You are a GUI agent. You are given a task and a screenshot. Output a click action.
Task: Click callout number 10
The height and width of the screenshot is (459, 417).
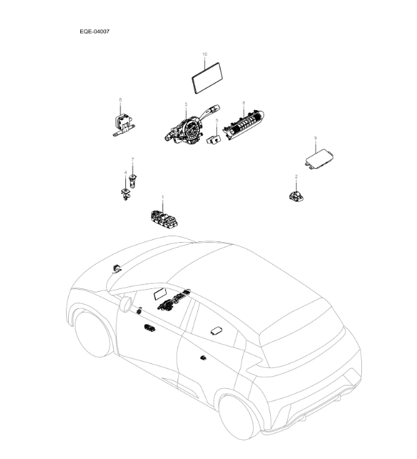204,54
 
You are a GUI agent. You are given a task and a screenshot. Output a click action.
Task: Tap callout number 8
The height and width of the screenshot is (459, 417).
120,101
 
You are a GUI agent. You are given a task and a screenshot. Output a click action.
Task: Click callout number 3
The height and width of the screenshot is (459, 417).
185,105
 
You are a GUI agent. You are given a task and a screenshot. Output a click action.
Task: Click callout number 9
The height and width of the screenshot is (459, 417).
315,138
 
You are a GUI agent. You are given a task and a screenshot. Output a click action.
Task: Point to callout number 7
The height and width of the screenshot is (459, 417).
133,159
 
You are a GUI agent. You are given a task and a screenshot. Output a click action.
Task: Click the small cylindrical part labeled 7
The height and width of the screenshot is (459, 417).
132,180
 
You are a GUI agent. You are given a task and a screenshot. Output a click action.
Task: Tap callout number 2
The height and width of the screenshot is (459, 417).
296,177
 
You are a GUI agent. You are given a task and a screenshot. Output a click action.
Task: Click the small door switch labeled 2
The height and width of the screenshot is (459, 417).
295,195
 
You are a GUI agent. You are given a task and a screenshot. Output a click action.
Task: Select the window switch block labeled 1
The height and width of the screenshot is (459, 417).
164,218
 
